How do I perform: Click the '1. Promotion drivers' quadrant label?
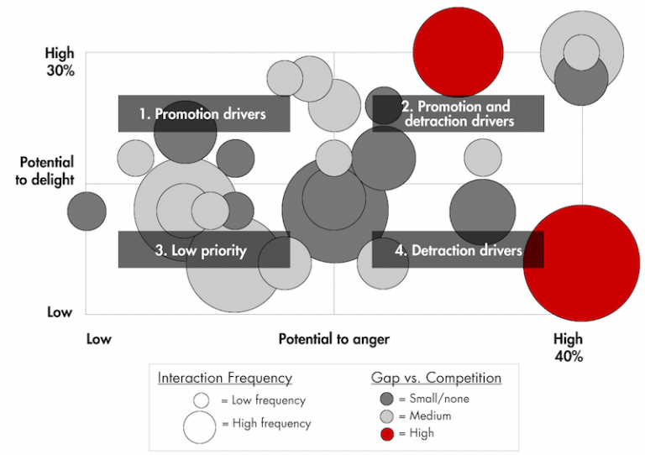point(203,113)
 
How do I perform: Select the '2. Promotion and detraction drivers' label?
point(458,113)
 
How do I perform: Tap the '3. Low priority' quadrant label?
point(203,250)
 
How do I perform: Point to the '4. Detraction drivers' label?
point(458,250)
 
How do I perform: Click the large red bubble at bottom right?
point(581,264)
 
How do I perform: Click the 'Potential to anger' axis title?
point(333,339)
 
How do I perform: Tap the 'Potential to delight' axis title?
point(46,170)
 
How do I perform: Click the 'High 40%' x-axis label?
point(568,348)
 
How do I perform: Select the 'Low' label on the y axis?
point(60,312)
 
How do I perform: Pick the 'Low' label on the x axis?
point(98,339)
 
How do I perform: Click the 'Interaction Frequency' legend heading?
point(224,378)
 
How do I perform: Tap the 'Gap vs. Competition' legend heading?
point(436,378)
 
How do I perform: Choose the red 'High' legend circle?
point(386,433)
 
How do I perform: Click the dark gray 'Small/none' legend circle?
point(386,399)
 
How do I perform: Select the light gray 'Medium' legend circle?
point(386,416)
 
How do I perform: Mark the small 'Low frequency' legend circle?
point(201,400)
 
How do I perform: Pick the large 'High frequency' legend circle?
point(200,425)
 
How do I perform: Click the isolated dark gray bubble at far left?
point(87,211)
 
